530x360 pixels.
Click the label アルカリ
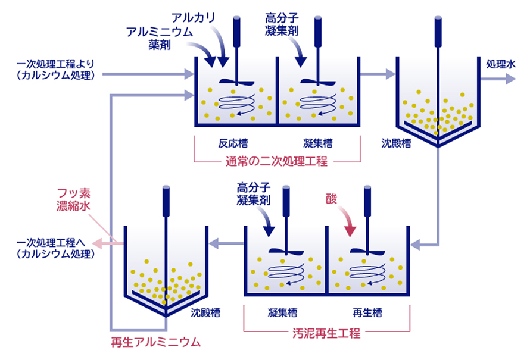[x=194, y=18]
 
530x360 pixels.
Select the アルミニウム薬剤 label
[x=160, y=38]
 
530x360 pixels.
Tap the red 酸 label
[x=331, y=199]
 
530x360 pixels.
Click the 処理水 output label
[x=501, y=64]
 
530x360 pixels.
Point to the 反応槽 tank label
[x=233, y=143]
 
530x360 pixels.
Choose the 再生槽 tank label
[x=367, y=313]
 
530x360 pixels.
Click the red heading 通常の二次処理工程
[x=276, y=161]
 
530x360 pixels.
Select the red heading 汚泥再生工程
[x=326, y=333]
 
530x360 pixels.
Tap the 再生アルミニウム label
[x=156, y=342]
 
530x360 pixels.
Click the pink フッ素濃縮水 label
[x=73, y=199]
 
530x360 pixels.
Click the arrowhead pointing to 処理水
[x=510, y=79]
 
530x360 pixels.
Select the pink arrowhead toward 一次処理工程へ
[x=97, y=243]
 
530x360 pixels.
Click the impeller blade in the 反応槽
[x=236, y=82]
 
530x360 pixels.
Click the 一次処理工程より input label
[x=56, y=69]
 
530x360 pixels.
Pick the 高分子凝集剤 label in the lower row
[x=254, y=194]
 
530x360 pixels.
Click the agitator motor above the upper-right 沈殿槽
[x=438, y=32]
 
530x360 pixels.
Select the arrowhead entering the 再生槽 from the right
[x=415, y=244]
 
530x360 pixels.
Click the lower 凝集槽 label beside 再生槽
[x=283, y=313]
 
